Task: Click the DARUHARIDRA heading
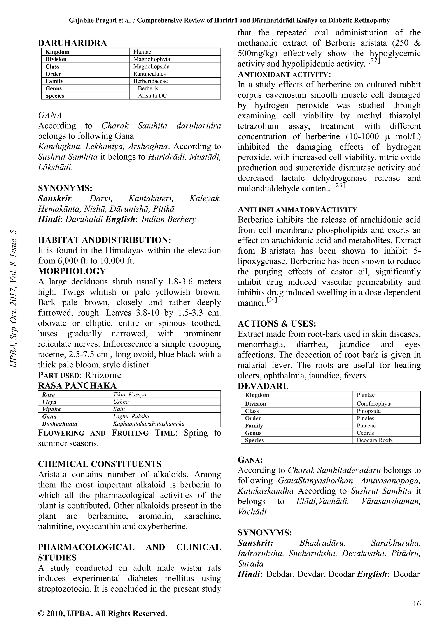click(x=72, y=43)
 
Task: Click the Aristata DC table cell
click(x=152, y=96)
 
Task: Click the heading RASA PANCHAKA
click(x=77, y=385)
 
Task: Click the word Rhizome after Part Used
click(x=103, y=375)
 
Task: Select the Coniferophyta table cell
click(x=374, y=404)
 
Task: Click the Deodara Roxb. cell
click(x=375, y=440)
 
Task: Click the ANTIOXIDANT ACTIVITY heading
click(x=284, y=74)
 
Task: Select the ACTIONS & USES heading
click(x=277, y=323)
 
